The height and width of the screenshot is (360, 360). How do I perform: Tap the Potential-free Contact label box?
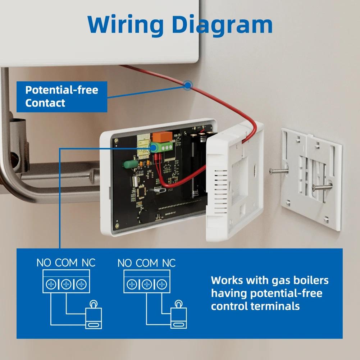[61, 96]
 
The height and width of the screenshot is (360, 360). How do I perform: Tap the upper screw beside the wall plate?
[279, 170]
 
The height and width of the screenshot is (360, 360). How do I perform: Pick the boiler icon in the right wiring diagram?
[178, 315]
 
